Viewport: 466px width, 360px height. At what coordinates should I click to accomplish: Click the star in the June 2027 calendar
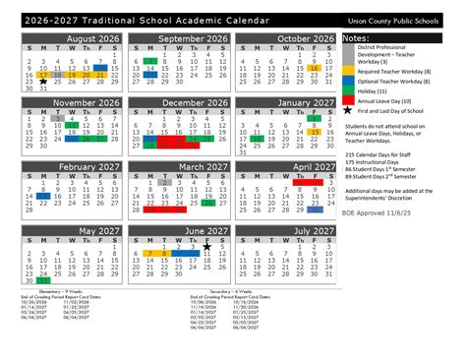click(x=207, y=248)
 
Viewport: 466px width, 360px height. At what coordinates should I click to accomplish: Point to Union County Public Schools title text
click(x=401, y=20)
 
